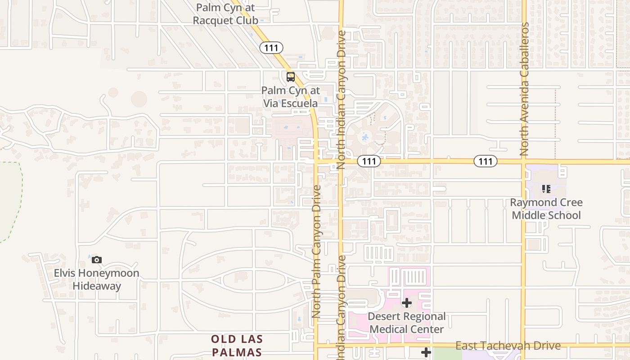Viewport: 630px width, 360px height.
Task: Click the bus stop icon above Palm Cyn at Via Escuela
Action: click(291, 76)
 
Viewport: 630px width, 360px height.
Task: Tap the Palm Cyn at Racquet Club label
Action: click(225, 14)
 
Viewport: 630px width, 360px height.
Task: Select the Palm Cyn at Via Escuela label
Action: click(290, 97)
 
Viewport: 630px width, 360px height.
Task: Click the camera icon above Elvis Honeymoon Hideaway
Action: click(97, 260)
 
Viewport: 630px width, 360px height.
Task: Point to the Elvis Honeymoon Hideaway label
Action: click(96, 279)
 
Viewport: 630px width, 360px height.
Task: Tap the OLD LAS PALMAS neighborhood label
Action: click(237, 345)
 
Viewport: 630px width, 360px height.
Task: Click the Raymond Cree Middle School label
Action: click(546, 209)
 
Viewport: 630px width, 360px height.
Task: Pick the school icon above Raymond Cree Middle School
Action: click(546, 189)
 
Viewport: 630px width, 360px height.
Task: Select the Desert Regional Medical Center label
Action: click(406, 323)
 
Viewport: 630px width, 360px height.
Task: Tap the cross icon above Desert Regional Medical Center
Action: click(407, 303)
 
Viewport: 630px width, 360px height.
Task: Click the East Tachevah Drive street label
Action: click(508, 346)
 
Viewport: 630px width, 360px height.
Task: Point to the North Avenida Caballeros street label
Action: click(524, 90)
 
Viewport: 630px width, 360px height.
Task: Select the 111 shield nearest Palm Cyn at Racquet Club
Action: click(271, 47)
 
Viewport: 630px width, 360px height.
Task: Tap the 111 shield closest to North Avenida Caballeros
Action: click(485, 161)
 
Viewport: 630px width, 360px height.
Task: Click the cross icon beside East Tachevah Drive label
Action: click(426, 352)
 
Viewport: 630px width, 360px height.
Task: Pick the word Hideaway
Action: click(97, 286)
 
